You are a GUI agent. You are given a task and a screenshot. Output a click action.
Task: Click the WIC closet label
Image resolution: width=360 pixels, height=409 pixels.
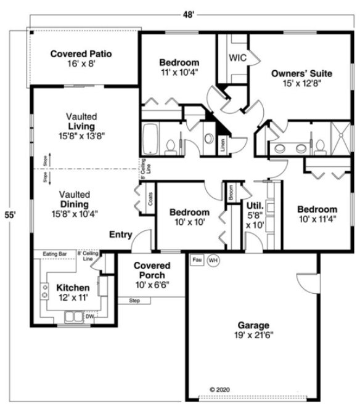click(238, 57)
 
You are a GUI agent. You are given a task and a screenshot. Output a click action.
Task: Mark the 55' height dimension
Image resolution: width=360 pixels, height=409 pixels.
click(9, 215)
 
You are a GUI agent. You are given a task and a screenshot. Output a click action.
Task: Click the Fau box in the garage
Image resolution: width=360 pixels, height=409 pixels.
click(197, 260)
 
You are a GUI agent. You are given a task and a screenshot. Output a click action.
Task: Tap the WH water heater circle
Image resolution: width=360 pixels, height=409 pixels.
click(213, 261)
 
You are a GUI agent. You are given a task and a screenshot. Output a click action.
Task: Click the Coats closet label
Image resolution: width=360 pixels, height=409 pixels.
click(150, 199)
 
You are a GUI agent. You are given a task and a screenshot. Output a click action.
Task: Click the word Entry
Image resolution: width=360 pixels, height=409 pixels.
click(120, 235)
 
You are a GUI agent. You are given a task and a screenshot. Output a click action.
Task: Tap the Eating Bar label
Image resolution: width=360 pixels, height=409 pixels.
click(54, 254)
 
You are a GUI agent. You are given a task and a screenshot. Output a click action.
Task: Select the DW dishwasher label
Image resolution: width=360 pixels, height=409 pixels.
click(89, 317)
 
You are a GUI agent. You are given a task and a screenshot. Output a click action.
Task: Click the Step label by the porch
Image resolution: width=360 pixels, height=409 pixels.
click(134, 301)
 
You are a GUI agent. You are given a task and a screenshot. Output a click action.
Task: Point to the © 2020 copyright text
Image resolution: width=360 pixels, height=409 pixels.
click(220, 389)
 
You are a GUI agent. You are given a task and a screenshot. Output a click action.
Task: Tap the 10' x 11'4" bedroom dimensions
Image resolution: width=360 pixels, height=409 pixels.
click(317, 220)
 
